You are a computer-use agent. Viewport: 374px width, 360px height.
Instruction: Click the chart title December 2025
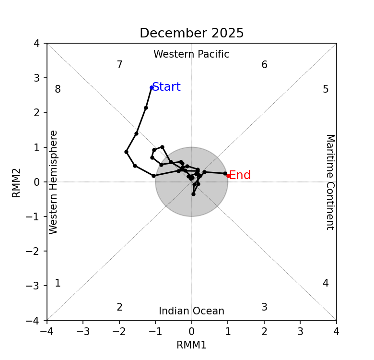click(191, 34)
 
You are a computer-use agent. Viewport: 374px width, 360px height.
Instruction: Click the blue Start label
click(166, 87)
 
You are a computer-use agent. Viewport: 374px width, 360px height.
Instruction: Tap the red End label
click(240, 176)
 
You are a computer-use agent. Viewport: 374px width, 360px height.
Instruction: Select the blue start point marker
click(152, 87)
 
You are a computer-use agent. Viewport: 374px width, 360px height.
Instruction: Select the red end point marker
click(228, 176)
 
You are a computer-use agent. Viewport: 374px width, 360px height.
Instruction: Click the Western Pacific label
click(191, 55)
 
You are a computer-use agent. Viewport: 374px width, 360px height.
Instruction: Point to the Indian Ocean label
click(191, 312)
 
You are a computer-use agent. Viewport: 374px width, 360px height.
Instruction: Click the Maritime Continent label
click(329, 182)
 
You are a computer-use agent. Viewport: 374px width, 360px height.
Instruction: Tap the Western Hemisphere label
click(54, 182)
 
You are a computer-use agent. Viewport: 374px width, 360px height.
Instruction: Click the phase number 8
click(58, 90)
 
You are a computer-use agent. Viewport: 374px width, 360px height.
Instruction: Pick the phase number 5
click(326, 90)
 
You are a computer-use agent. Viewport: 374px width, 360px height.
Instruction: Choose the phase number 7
click(119, 65)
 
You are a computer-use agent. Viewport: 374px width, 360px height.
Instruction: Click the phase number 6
click(264, 65)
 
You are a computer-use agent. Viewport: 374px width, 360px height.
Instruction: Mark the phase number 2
click(119, 308)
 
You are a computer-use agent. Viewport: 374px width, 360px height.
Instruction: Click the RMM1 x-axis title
click(191, 346)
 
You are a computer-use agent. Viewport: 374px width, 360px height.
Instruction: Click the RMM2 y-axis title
click(17, 182)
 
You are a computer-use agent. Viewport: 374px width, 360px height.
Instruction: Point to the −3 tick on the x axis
click(83, 332)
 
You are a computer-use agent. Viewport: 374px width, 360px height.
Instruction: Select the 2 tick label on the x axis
click(264, 332)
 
